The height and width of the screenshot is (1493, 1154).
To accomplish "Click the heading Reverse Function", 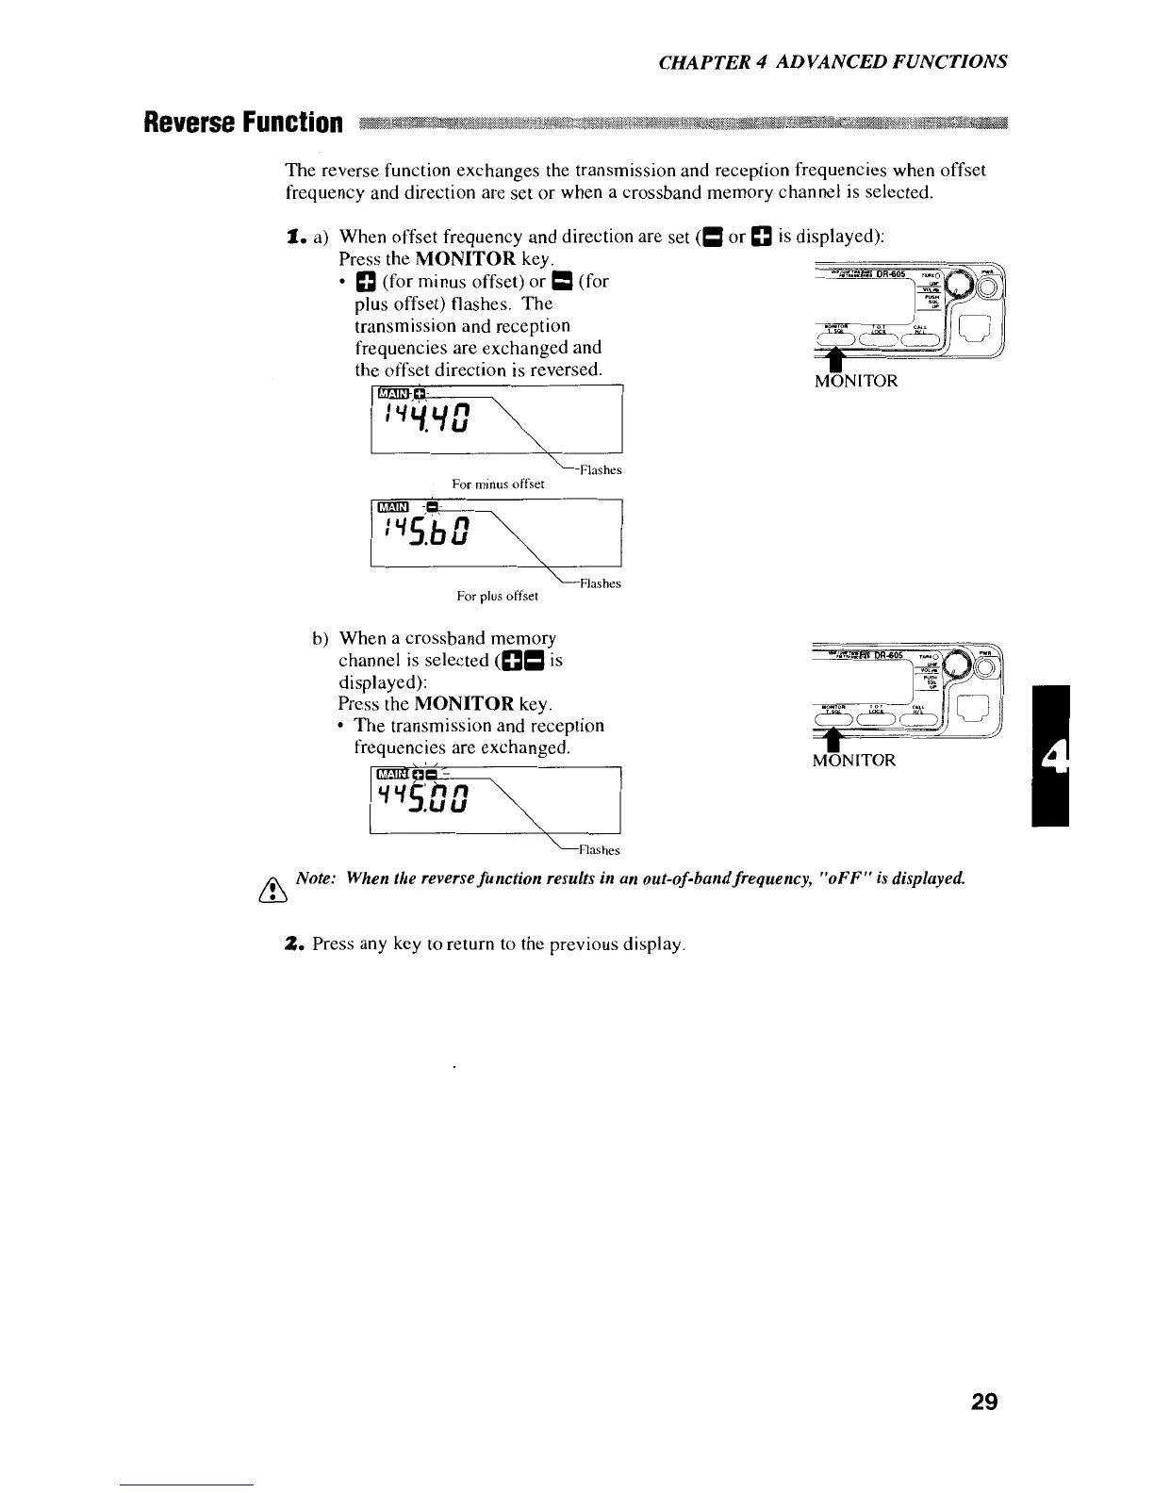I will [x=242, y=123].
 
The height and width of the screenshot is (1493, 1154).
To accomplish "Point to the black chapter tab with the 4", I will [x=1050, y=757].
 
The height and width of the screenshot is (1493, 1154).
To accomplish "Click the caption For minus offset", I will [x=499, y=484].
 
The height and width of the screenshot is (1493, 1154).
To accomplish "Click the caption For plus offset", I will [x=497, y=596].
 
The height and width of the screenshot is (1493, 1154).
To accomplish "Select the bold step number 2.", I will [x=292, y=943].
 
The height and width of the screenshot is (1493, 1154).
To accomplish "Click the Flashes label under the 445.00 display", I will [x=599, y=850].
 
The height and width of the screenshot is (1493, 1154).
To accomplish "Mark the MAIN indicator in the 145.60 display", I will [x=390, y=508].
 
